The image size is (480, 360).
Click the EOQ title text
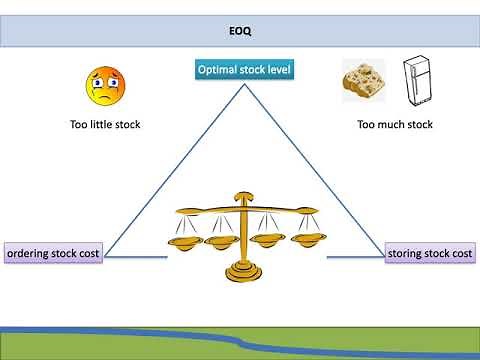click(240, 31)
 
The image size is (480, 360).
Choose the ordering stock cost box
click(53, 254)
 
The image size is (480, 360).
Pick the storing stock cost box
click(429, 254)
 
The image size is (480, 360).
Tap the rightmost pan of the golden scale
click(297, 240)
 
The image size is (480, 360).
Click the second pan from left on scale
click(220, 240)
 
